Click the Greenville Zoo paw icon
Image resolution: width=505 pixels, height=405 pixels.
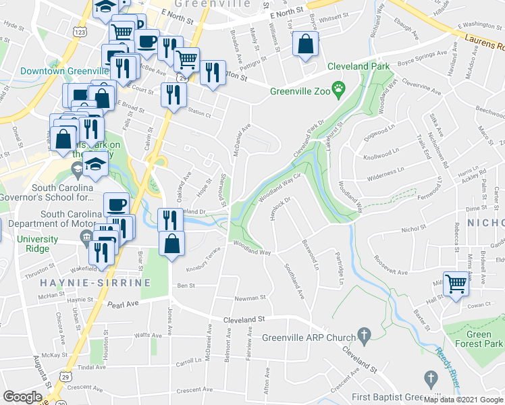click(x=339, y=88)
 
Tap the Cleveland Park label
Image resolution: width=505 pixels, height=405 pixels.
click(x=358, y=67)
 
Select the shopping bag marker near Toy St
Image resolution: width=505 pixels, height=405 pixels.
click(x=305, y=45)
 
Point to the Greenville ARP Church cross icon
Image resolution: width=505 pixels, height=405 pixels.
click(x=365, y=334)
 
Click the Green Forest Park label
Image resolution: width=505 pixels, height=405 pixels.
click(x=479, y=339)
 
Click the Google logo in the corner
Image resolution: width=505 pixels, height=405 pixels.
click(x=22, y=397)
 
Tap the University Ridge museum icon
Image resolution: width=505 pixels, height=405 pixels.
click(x=86, y=237)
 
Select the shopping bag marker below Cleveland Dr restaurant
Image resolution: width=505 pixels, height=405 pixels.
click(x=172, y=244)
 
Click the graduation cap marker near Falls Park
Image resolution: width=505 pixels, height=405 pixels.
click(x=96, y=165)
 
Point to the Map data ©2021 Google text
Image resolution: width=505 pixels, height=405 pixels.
click(x=463, y=400)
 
